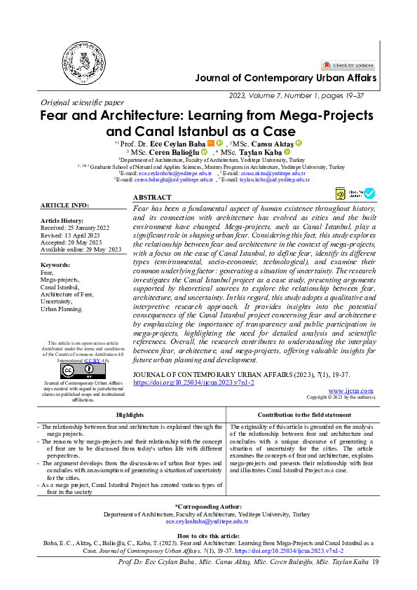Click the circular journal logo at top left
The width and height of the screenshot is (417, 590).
tap(82, 63)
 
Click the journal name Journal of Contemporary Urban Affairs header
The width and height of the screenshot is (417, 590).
tap(285, 78)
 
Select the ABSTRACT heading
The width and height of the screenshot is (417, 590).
tap(151, 198)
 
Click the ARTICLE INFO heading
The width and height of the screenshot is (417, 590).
tap(64, 205)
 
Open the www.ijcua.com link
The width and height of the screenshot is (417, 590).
tap(350, 390)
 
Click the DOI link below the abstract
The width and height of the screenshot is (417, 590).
tap(193, 383)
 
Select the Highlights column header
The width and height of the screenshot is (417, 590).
tap(131, 415)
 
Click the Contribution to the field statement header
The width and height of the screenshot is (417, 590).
tap(304, 415)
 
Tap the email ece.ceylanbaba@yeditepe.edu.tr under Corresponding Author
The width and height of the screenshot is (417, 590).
tap(207, 521)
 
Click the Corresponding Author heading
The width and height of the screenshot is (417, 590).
tap(207, 506)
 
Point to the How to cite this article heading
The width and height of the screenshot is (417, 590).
tap(207, 535)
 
